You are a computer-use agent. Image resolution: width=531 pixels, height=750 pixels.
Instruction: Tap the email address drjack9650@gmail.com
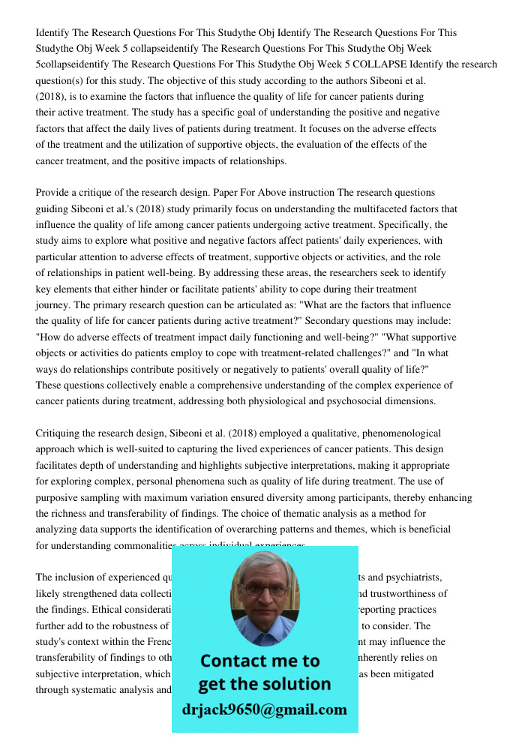coord(264,709)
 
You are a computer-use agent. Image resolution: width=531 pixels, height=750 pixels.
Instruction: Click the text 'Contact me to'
coord(260,661)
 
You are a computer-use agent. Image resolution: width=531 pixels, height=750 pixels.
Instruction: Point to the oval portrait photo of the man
coord(264,598)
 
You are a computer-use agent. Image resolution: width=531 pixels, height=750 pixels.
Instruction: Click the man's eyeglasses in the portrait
coord(264,589)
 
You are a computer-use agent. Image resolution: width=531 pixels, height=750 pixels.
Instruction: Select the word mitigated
coord(407,673)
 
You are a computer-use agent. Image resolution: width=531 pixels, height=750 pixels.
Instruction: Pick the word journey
coord(52,304)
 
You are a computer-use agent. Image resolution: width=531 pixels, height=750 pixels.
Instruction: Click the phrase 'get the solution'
coord(264,684)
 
